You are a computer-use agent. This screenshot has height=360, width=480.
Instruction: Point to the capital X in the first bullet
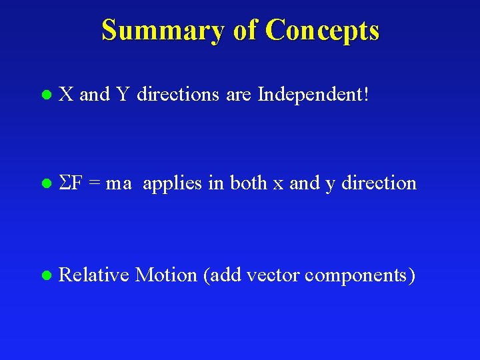point(66,95)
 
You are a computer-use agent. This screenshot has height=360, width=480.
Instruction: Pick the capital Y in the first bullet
point(123,95)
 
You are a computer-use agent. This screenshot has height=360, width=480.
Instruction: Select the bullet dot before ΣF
point(45,183)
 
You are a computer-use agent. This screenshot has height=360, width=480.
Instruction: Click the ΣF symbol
point(70,183)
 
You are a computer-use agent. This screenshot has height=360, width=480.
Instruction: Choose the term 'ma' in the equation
point(119,183)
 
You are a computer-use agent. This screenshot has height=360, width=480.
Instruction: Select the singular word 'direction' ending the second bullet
point(379,183)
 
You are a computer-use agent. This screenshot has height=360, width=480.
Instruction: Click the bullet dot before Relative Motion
point(45,275)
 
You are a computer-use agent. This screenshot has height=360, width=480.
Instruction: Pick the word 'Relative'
point(93,274)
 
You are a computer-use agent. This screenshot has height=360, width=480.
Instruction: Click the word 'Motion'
point(166,274)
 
